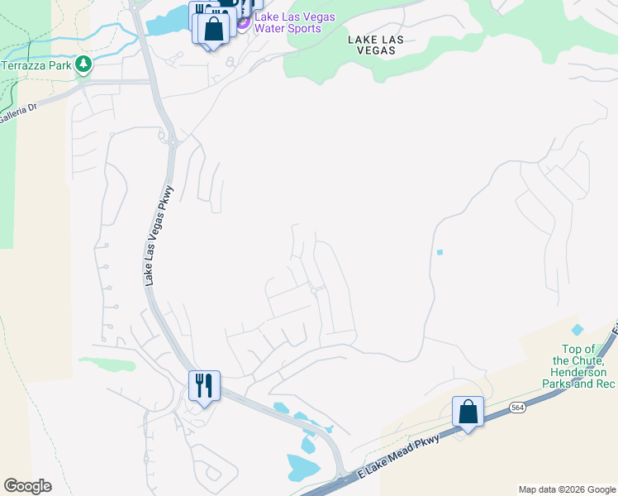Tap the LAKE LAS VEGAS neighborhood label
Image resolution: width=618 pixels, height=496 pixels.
371,44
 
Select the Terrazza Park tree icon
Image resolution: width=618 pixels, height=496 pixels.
83,64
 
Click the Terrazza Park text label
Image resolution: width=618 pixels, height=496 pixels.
36,64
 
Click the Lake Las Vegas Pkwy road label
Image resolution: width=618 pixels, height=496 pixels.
159,233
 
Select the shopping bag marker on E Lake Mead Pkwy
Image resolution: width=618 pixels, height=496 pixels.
468,412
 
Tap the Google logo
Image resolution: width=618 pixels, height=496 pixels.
27,486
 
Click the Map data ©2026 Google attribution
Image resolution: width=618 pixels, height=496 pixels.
567,489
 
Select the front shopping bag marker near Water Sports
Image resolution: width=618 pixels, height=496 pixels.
213,29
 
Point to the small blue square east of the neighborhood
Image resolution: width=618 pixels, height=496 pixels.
440,252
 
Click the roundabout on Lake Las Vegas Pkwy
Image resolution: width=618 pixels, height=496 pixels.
174,143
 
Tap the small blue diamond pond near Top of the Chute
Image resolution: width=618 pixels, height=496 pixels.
577,330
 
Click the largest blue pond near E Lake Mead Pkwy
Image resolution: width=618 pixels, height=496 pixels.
303,467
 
